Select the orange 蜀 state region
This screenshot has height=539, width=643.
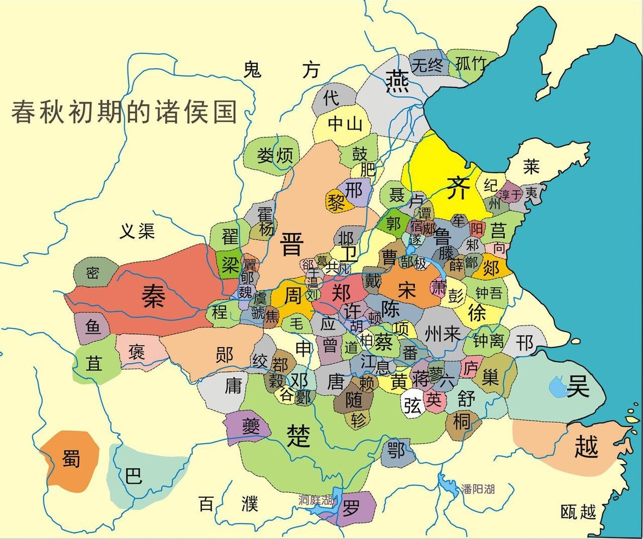tap(70, 459)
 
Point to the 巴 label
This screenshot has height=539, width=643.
tap(133, 475)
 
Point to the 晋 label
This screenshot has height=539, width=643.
tap(293, 244)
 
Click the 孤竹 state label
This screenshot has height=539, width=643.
tap(471, 64)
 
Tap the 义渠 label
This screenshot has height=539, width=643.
tap(137, 231)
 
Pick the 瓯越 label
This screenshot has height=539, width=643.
tap(578, 512)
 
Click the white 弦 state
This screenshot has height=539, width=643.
tap(412, 406)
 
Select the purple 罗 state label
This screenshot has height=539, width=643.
tap(351, 508)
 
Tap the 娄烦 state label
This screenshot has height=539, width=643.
tap(275, 156)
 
